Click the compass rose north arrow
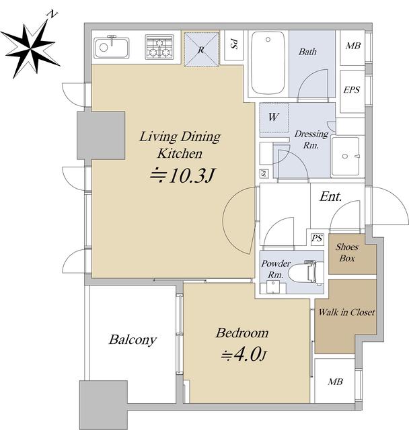[x=30, y=50]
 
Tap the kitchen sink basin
[x=111, y=48]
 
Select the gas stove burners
[x=159, y=47]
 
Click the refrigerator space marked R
[x=202, y=50]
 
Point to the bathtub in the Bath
[x=268, y=62]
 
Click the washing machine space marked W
[x=274, y=118]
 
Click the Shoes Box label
[x=346, y=253]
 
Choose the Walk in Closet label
[x=346, y=312]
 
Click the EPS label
[x=352, y=89]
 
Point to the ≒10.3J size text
[x=182, y=175]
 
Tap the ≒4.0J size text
[x=244, y=355]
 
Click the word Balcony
[x=133, y=340]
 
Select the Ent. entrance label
[x=331, y=196]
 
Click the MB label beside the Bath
[x=353, y=46]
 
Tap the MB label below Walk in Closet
[x=335, y=382]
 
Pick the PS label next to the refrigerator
[x=233, y=44]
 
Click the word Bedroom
[x=242, y=333]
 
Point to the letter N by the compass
[x=52, y=13]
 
